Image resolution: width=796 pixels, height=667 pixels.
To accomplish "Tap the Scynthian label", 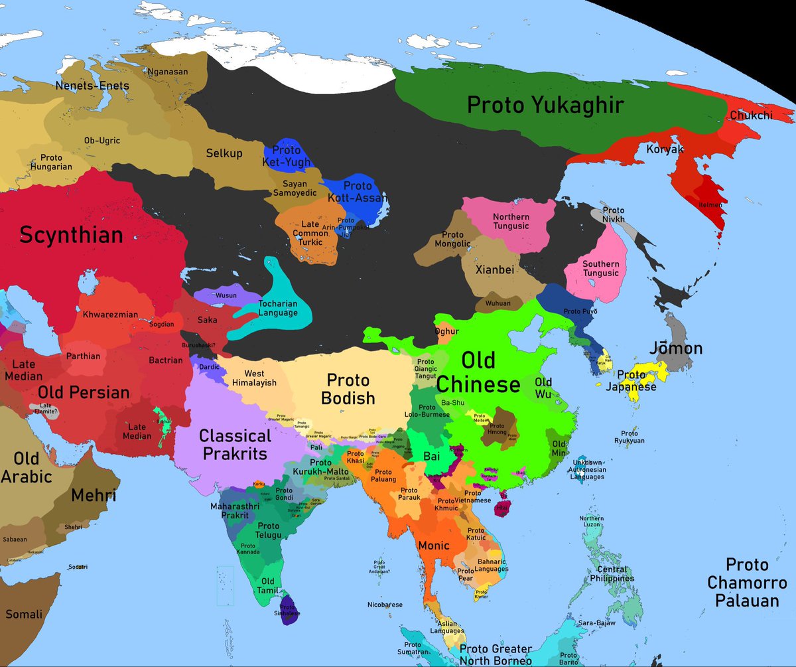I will [71, 234].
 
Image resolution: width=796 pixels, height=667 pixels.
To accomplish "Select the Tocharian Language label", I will [278, 308].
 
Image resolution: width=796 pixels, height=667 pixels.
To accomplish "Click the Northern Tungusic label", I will [511, 222].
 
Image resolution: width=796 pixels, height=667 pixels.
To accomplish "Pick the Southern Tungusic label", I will [600, 269].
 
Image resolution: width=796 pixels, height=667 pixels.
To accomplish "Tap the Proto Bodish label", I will [348, 390].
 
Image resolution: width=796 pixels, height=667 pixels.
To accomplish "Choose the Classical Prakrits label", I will [235, 445].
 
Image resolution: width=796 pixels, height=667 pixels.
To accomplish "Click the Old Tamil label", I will [267, 586].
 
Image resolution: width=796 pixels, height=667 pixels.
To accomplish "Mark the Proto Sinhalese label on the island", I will [289, 610].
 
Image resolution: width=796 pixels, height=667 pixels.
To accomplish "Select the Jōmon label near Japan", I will [676, 348].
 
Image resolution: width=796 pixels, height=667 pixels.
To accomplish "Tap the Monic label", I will [434, 546].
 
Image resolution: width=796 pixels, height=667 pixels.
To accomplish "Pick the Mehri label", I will [93, 494].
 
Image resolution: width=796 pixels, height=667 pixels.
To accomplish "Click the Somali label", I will [24, 615].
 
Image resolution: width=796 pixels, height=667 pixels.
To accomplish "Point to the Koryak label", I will [665, 149].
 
